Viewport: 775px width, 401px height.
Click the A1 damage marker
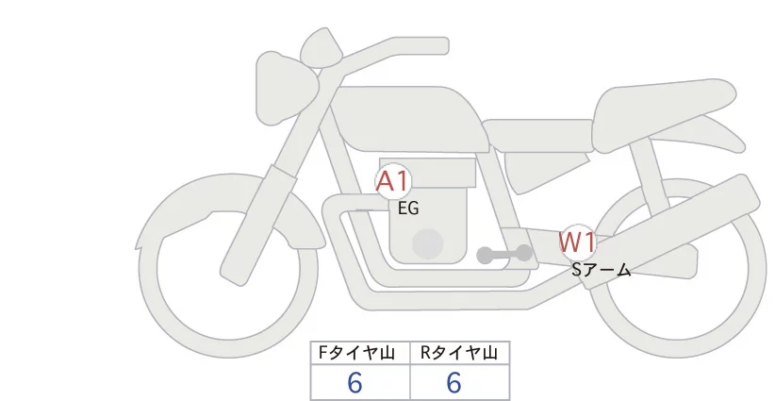(391, 182)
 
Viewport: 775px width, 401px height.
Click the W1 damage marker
(576, 242)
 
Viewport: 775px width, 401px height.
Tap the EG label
(408, 209)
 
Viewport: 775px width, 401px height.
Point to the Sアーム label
(601, 270)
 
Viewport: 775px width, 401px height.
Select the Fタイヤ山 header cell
(361, 353)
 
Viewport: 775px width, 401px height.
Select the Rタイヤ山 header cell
(459, 353)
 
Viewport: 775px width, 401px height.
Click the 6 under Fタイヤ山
(355, 383)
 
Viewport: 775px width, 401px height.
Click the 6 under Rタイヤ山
(453, 383)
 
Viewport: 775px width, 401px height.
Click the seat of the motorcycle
(537, 132)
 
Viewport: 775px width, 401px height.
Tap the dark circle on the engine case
(428, 242)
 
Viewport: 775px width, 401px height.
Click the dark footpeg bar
(504, 254)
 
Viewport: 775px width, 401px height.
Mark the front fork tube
(255, 217)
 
